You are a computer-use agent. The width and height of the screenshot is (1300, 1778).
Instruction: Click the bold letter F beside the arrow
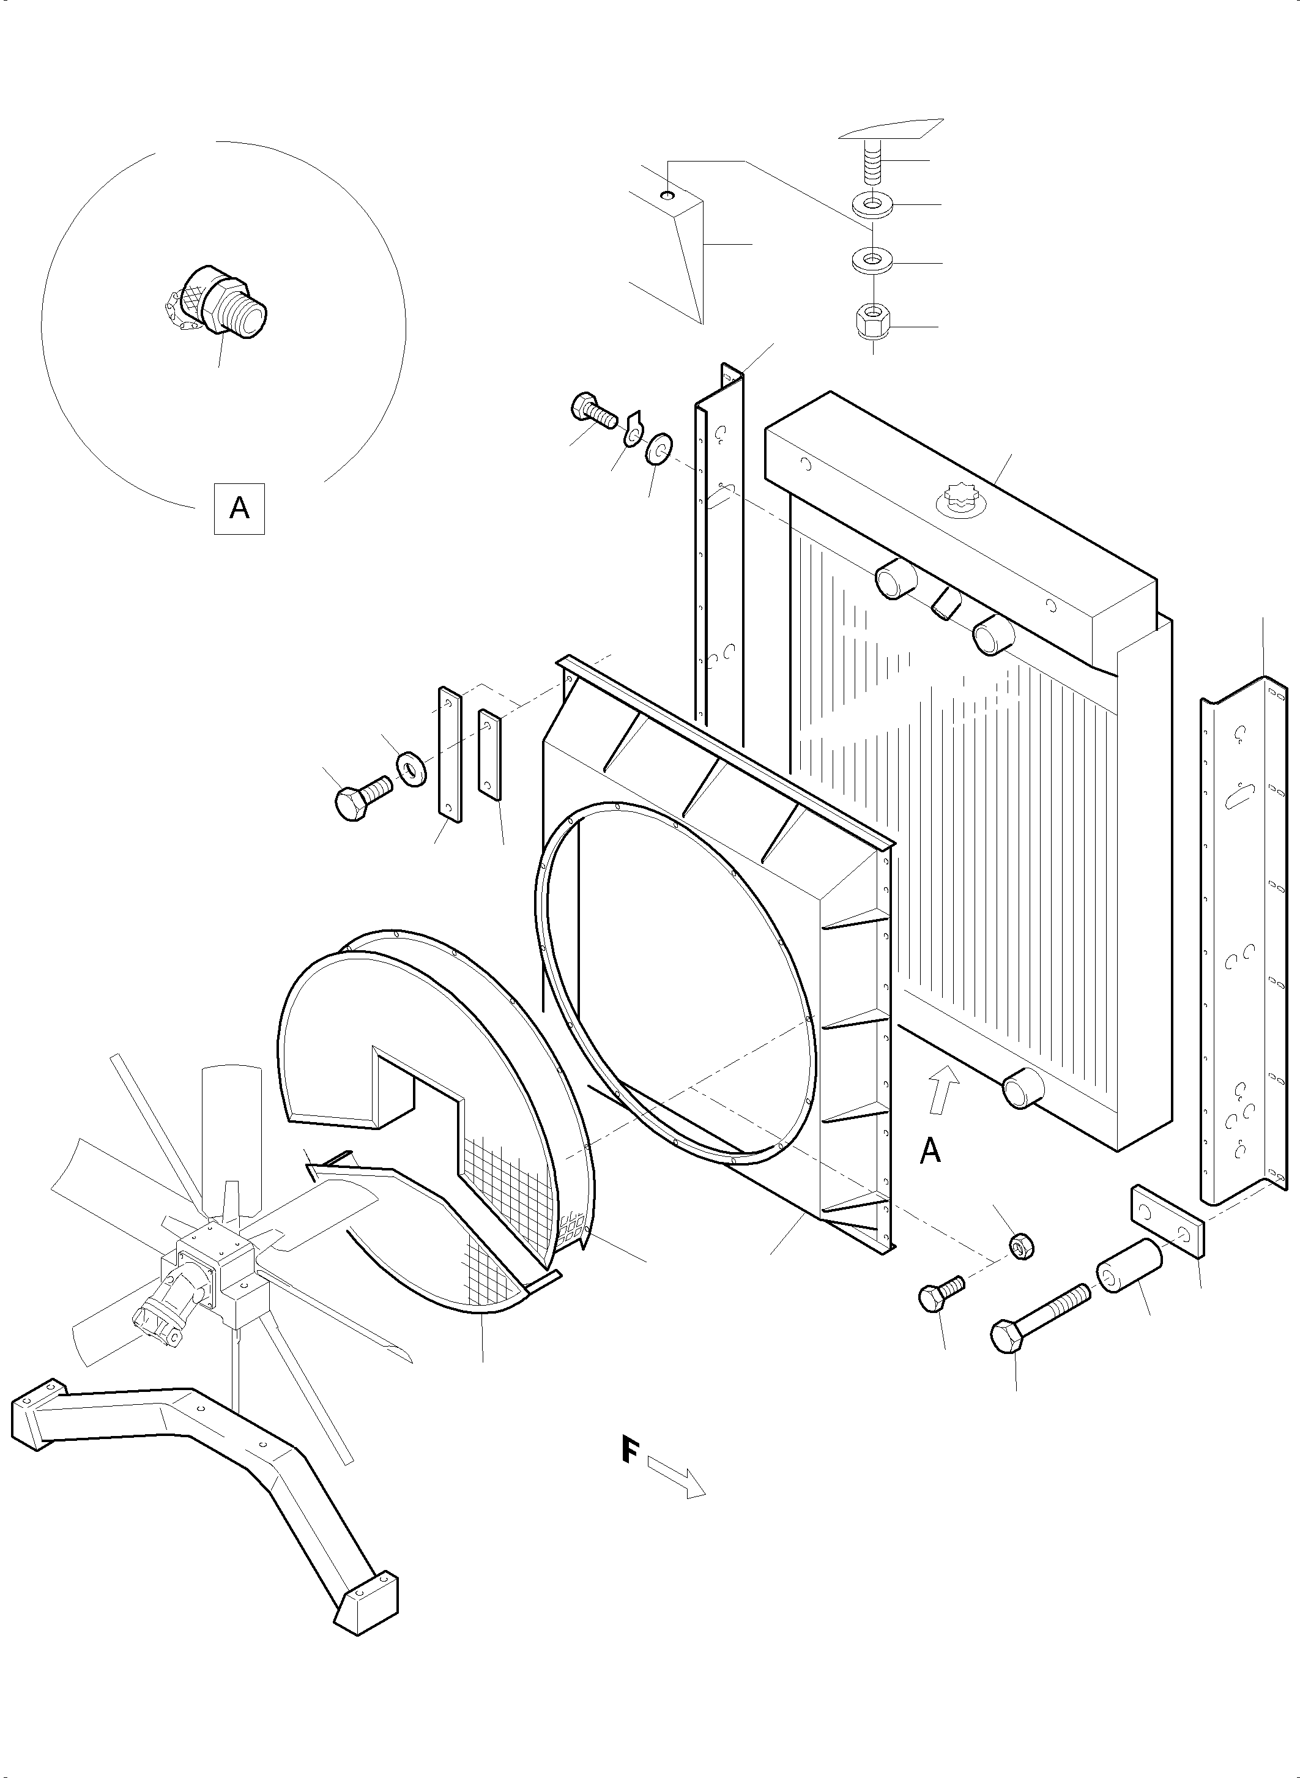[630, 1451]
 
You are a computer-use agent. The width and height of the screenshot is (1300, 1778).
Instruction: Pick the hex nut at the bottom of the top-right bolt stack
[871, 321]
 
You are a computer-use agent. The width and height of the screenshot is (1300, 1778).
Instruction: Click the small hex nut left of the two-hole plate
[1020, 1245]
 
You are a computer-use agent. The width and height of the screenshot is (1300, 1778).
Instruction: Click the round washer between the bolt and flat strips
[410, 769]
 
